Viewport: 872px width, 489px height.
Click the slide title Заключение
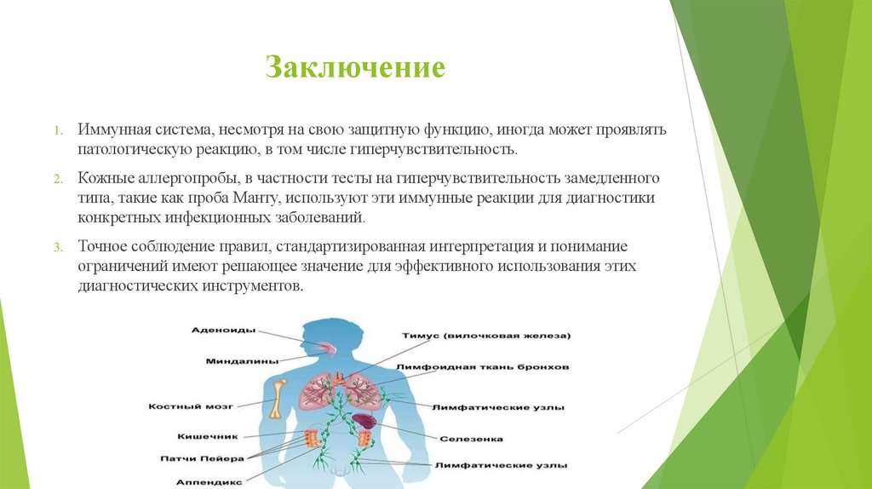click(x=355, y=66)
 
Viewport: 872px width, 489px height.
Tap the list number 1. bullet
click(x=57, y=132)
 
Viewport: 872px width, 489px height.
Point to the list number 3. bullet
click(x=57, y=248)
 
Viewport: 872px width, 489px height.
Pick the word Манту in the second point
click(x=256, y=198)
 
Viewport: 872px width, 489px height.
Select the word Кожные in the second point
click(x=101, y=179)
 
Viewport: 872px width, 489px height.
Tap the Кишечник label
click(x=205, y=436)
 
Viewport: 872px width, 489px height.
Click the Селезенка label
click(x=471, y=440)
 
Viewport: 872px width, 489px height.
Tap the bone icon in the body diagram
click(x=278, y=398)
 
